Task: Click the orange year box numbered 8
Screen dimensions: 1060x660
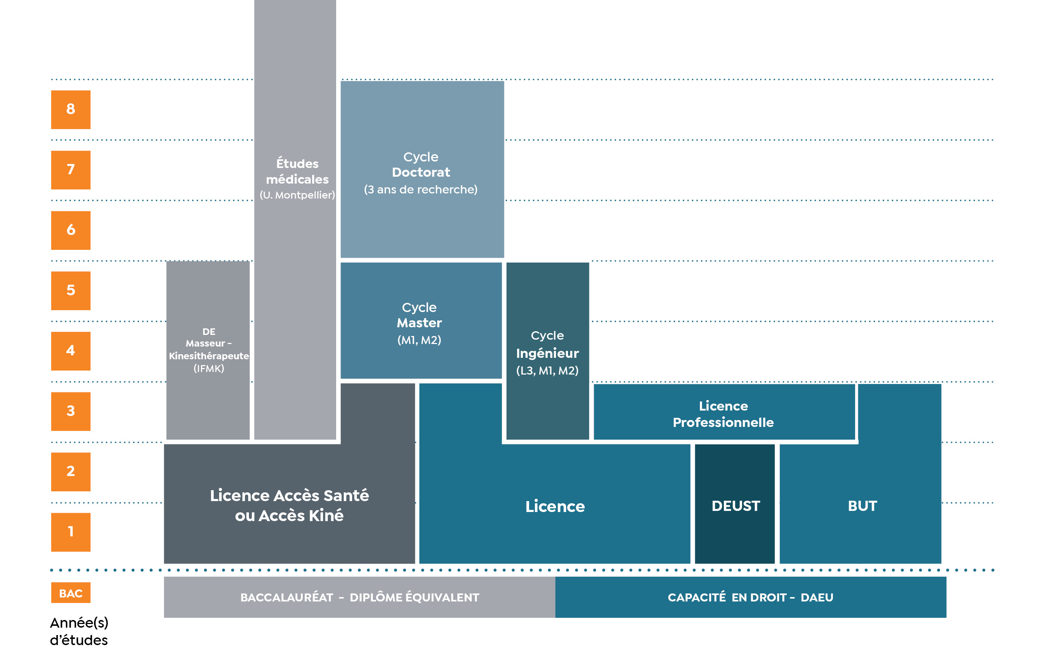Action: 70,109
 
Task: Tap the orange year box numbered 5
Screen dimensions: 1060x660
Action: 70,291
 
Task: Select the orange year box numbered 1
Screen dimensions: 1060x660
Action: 70,532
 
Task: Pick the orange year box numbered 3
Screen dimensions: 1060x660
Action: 70,412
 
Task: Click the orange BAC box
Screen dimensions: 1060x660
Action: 70,593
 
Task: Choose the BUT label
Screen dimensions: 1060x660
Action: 862,506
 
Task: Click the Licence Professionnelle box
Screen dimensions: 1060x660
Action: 724,412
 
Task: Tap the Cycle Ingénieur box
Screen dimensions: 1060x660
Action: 548,351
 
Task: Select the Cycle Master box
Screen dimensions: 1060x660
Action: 421,320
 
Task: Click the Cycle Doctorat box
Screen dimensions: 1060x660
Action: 422,169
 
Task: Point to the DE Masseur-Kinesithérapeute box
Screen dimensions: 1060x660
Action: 208,350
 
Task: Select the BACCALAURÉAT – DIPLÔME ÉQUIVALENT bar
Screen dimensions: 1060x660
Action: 359,597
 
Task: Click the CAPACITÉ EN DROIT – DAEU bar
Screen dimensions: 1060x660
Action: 751,597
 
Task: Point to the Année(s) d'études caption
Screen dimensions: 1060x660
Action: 79,631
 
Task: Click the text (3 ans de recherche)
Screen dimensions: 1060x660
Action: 420,189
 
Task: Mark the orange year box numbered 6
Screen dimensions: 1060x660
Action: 70,231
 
